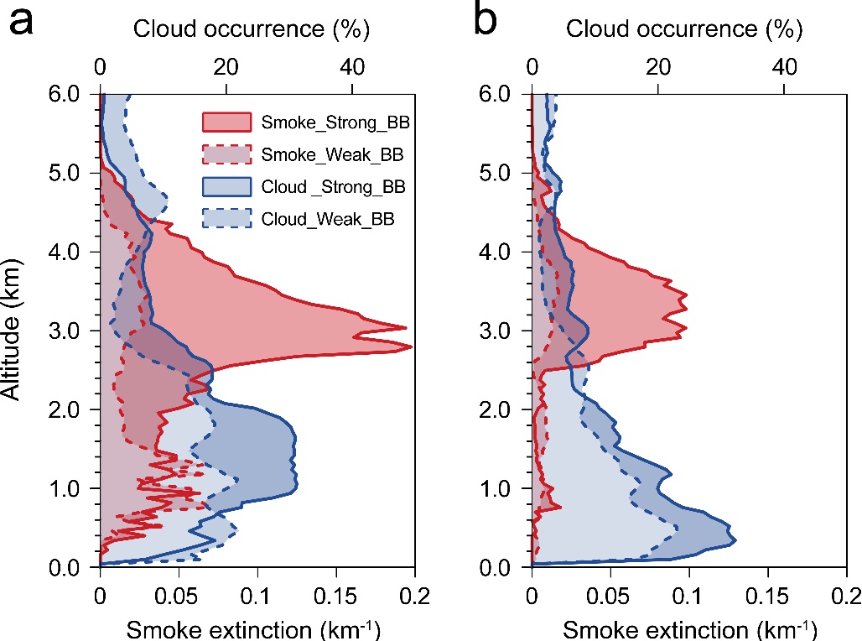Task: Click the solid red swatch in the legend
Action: [227, 123]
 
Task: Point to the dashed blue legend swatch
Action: [227, 219]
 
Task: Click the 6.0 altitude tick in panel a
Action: [72, 94]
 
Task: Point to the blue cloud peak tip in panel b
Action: [736, 540]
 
